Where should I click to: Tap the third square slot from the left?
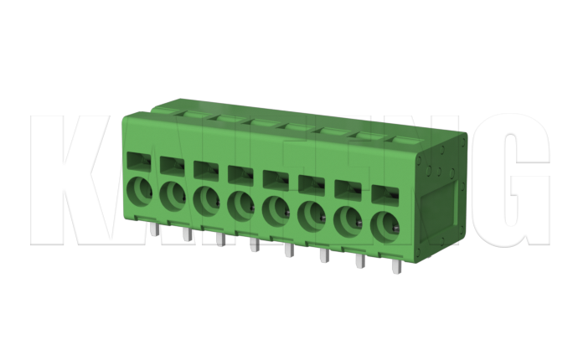pyautogui.click(x=205, y=168)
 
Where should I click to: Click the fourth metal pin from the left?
pyautogui.click(x=253, y=244)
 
